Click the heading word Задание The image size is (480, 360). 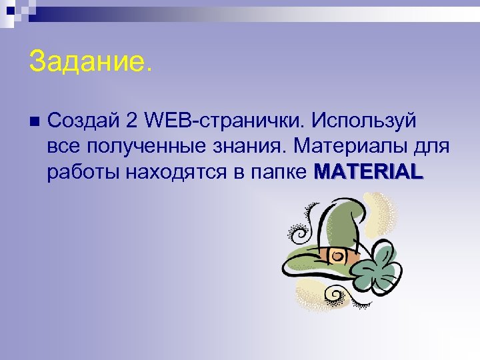pos(90,63)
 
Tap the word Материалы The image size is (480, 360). pos(354,145)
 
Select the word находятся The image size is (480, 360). pos(176,171)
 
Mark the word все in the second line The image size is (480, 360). pos(61,146)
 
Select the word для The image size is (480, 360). pos(434,146)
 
